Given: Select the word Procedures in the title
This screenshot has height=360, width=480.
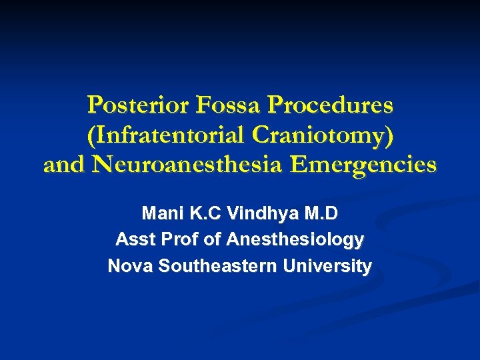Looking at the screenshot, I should [330, 105].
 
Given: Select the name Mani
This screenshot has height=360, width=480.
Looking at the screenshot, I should [159, 214].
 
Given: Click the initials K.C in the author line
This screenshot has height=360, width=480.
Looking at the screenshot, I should [199, 214].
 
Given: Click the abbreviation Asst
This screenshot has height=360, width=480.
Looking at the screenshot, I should [133, 239].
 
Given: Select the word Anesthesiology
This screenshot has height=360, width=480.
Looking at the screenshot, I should [295, 239].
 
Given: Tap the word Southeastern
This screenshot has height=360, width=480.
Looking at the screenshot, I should [214, 266].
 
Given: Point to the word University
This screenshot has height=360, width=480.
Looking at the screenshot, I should [327, 266].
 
